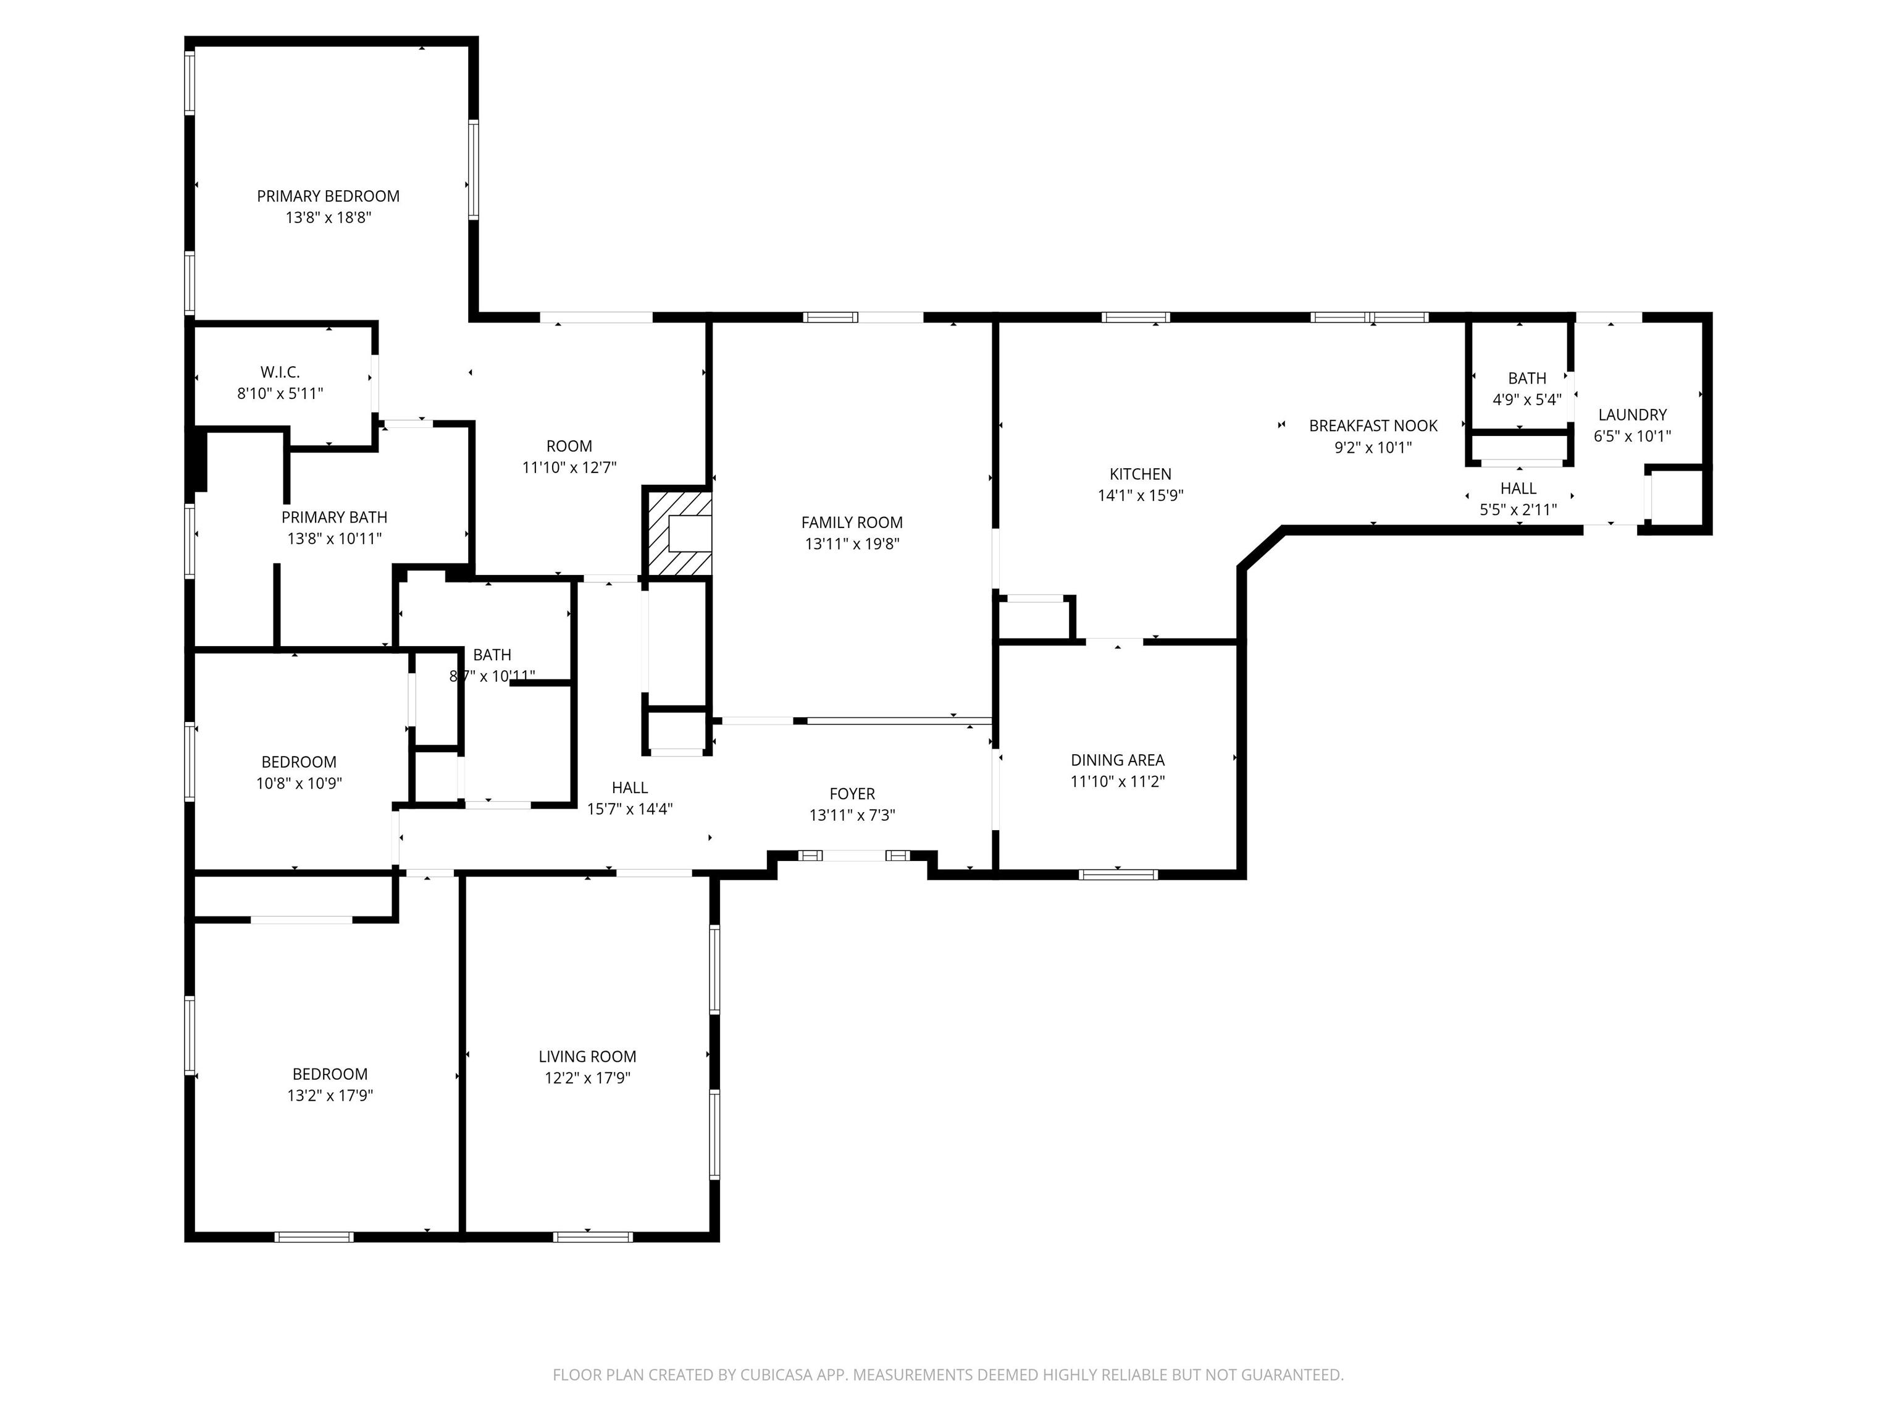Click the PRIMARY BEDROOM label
pyautogui.click(x=329, y=196)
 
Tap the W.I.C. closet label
pyautogui.click(x=280, y=372)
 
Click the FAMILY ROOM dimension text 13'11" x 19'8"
pyautogui.click(x=852, y=544)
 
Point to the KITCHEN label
pyautogui.click(x=1141, y=474)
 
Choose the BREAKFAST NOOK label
pyautogui.click(x=1373, y=426)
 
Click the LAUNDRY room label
pyautogui.click(x=1632, y=415)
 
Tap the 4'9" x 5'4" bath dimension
pyautogui.click(x=1527, y=400)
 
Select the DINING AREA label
pyautogui.click(x=1118, y=760)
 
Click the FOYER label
pyautogui.click(x=852, y=794)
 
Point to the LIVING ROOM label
pyautogui.click(x=587, y=1057)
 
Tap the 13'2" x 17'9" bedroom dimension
pyautogui.click(x=330, y=1095)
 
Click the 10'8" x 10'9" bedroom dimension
pyautogui.click(x=299, y=783)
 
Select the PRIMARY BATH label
pyautogui.click(x=335, y=517)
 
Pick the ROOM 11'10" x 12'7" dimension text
pyautogui.click(x=569, y=468)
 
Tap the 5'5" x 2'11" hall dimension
pyautogui.click(x=1518, y=510)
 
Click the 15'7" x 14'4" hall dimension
pyautogui.click(x=629, y=809)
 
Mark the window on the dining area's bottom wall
pyautogui.click(x=1118, y=875)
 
